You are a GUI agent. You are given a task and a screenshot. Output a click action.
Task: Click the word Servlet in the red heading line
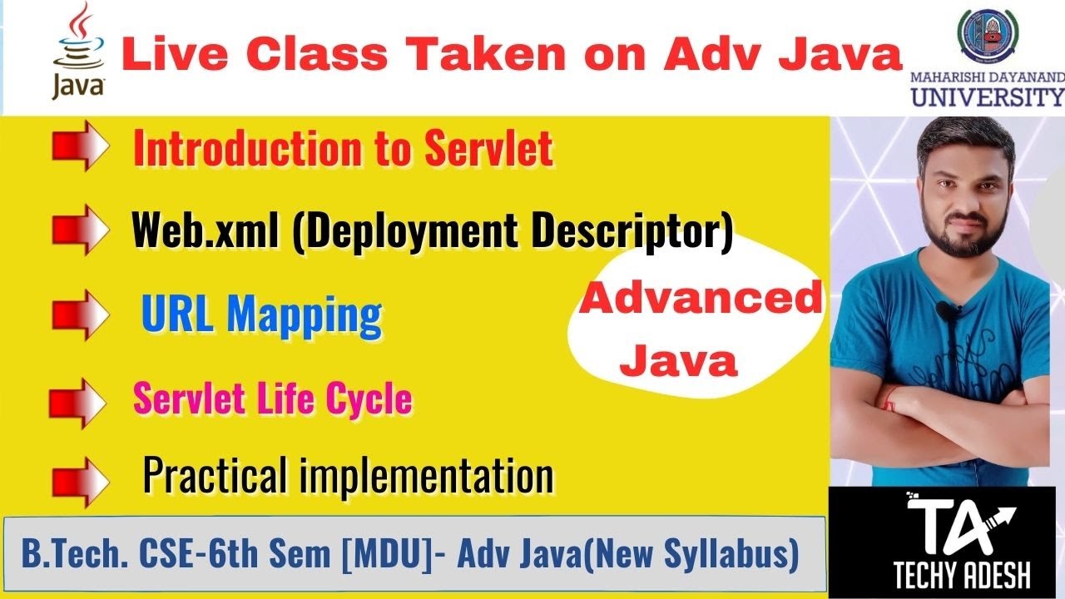tap(488, 150)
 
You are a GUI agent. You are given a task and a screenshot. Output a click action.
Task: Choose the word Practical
tap(217, 476)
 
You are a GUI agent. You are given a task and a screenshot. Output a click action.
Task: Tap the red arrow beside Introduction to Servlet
tap(81, 148)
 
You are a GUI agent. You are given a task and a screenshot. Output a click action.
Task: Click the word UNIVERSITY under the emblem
tap(987, 98)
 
